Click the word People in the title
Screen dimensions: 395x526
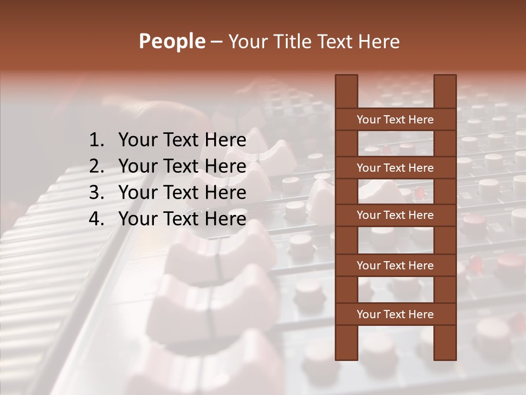point(171,42)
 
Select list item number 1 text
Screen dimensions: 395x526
point(182,140)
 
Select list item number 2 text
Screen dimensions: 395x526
point(182,166)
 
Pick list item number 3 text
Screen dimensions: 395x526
point(182,193)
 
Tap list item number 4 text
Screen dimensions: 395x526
point(182,219)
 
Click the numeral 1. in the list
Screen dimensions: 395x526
point(96,140)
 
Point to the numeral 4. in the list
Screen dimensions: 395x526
point(96,219)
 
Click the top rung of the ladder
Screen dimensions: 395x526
point(395,120)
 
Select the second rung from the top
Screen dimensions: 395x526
point(395,168)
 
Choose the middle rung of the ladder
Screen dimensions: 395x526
point(395,215)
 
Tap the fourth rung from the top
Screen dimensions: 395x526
point(395,266)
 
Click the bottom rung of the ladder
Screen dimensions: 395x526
point(395,314)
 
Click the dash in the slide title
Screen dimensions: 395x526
point(216,42)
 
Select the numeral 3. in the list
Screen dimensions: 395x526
point(96,193)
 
